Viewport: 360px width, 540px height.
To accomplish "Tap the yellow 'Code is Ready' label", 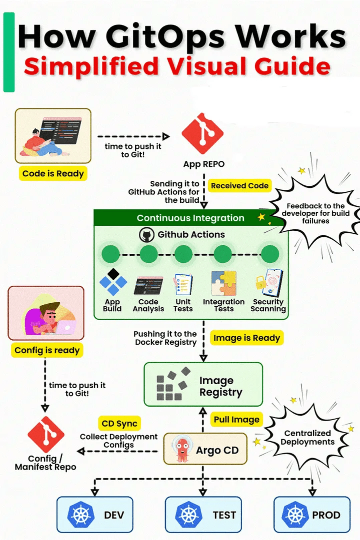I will click(53, 174).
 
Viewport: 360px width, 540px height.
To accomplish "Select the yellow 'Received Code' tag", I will click(239, 186).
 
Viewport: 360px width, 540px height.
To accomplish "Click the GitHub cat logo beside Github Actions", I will click(146, 235).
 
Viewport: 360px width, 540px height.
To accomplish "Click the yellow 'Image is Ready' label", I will click(246, 338).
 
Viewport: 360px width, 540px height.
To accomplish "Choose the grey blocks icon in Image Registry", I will click(173, 384).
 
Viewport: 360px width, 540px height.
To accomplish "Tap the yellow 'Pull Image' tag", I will click(237, 419).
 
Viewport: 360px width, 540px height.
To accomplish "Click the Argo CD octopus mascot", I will click(181, 450).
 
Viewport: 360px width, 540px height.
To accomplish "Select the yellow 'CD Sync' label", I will click(119, 424).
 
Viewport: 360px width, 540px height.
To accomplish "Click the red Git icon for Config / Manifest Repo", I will click(45, 435).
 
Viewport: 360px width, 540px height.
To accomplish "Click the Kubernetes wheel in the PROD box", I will click(296, 515).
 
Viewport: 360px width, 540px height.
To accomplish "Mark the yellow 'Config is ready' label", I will click(47, 350).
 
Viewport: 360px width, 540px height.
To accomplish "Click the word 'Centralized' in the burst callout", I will click(307, 433).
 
